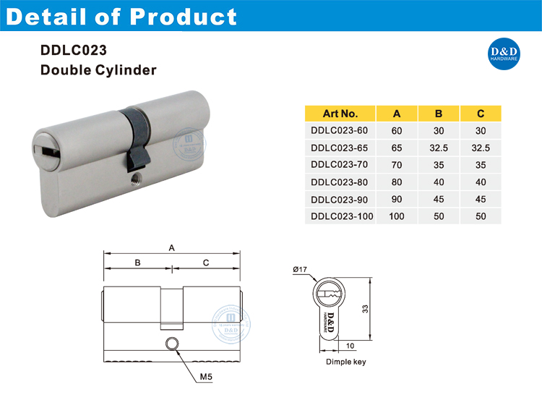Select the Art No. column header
(340, 114)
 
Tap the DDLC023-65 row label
(339, 148)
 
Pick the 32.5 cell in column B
(438, 148)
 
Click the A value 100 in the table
(396, 216)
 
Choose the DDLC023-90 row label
(339, 199)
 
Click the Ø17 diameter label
(300, 270)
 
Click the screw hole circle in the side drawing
(172, 344)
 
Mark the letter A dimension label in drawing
(172, 247)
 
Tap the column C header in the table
(481, 114)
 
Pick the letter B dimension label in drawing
(137, 263)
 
